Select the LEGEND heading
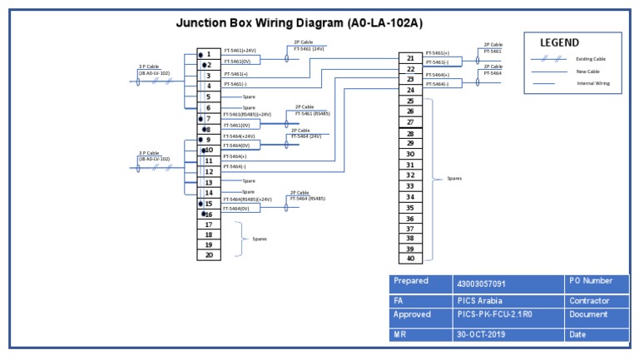[x=560, y=42]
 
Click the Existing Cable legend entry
[x=590, y=59]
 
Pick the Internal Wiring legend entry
[x=592, y=83]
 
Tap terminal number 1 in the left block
[x=209, y=54]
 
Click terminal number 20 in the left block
[x=209, y=255]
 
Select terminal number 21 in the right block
[x=410, y=58]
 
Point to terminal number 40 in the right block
[x=410, y=259]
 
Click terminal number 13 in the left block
[x=209, y=182]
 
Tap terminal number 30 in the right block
[x=410, y=154]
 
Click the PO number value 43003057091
[x=482, y=284]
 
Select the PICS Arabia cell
[x=479, y=300]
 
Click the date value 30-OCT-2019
[x=482, y=334]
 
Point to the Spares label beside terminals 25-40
[x=454, y=178]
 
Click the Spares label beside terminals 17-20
[x=260, y=239]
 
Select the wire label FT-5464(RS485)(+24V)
[x=247, y=200]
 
